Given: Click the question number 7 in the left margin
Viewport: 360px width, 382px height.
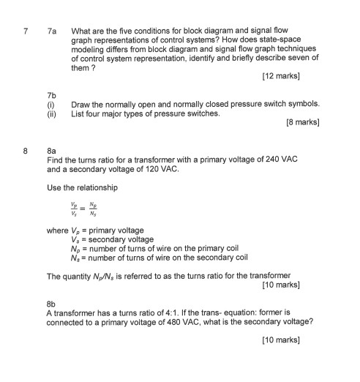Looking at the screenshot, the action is (26, 31).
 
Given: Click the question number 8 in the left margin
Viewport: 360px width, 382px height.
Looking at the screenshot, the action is (26, 151).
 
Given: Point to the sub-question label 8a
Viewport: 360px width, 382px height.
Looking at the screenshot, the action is (51, 151).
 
